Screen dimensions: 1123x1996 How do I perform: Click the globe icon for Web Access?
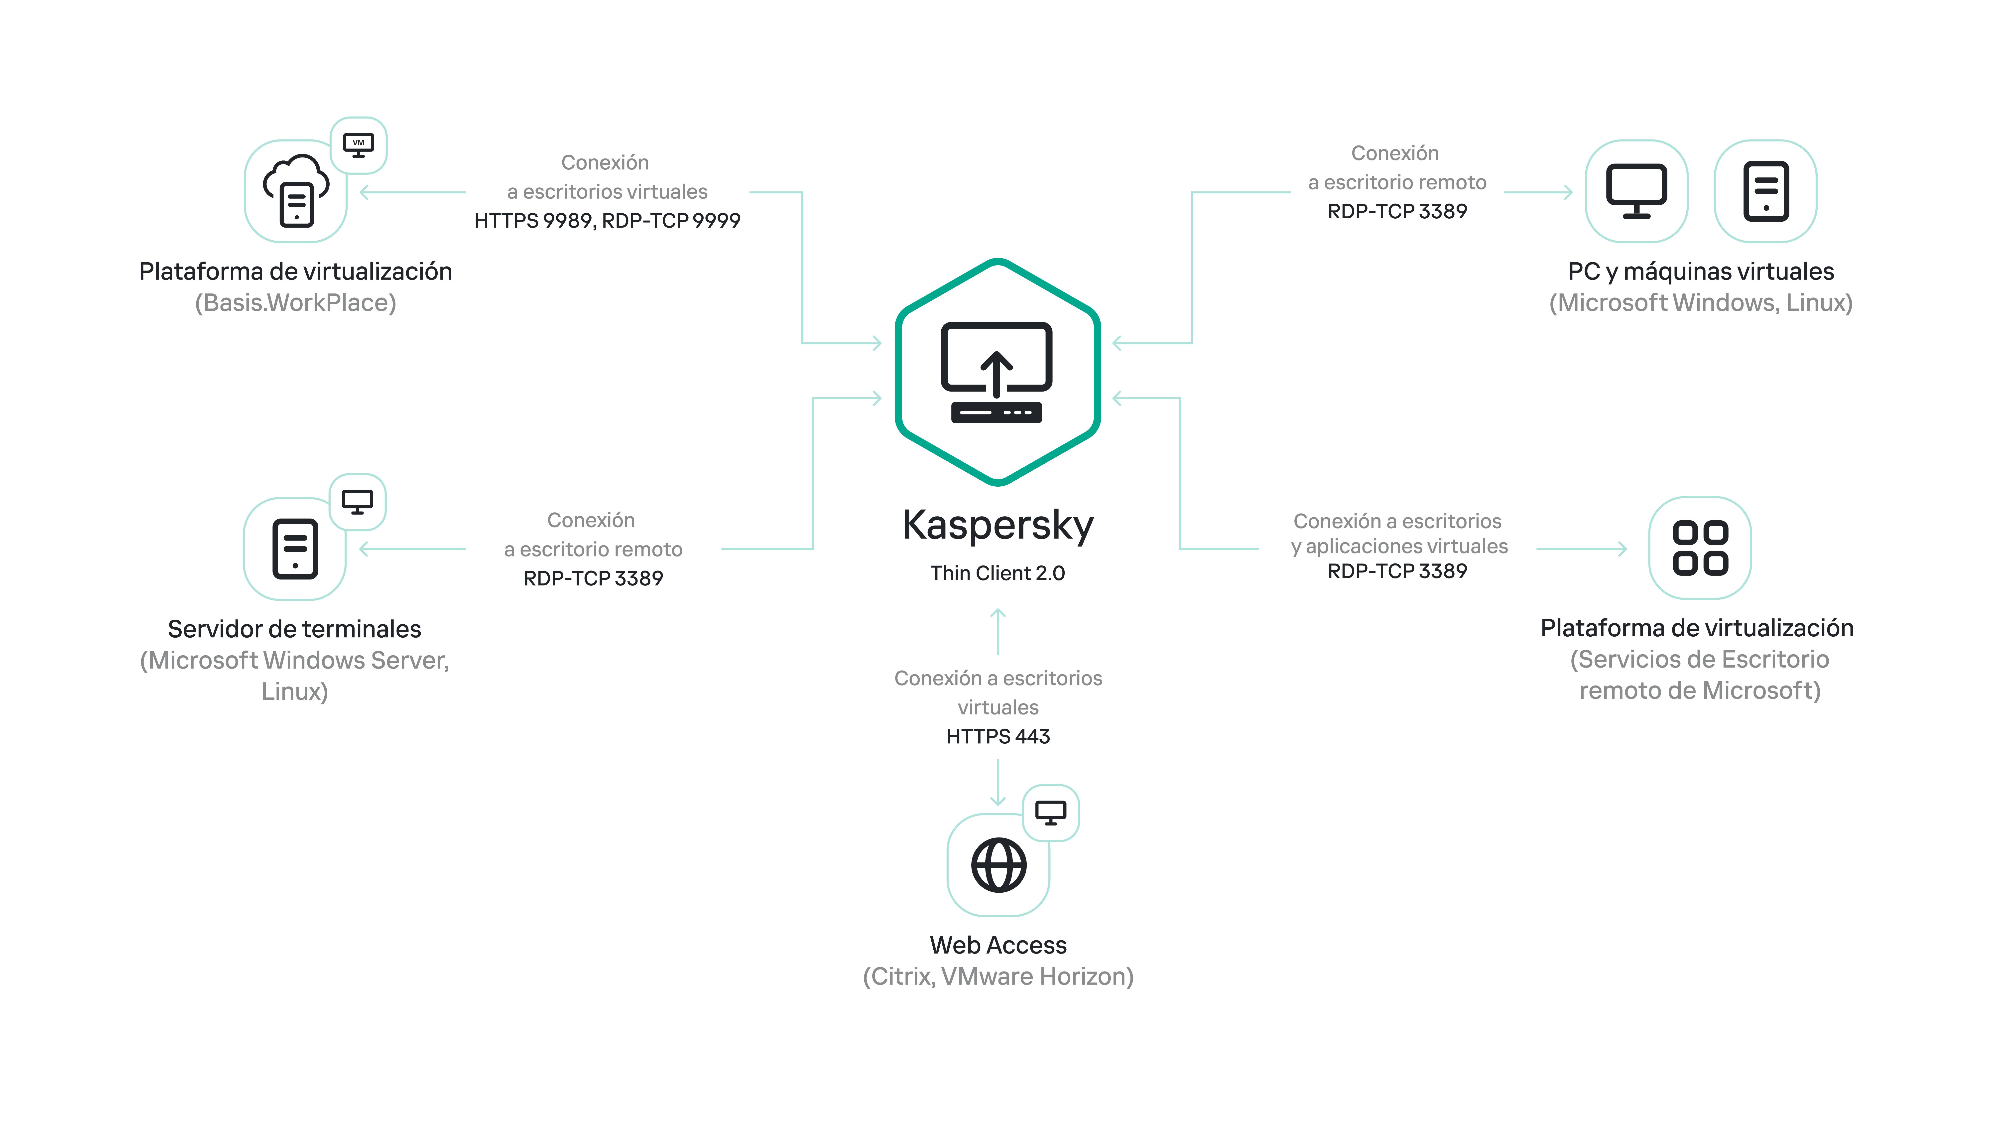(x=998, y=865)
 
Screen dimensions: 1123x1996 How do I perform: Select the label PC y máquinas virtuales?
(x=1701, y=271)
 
